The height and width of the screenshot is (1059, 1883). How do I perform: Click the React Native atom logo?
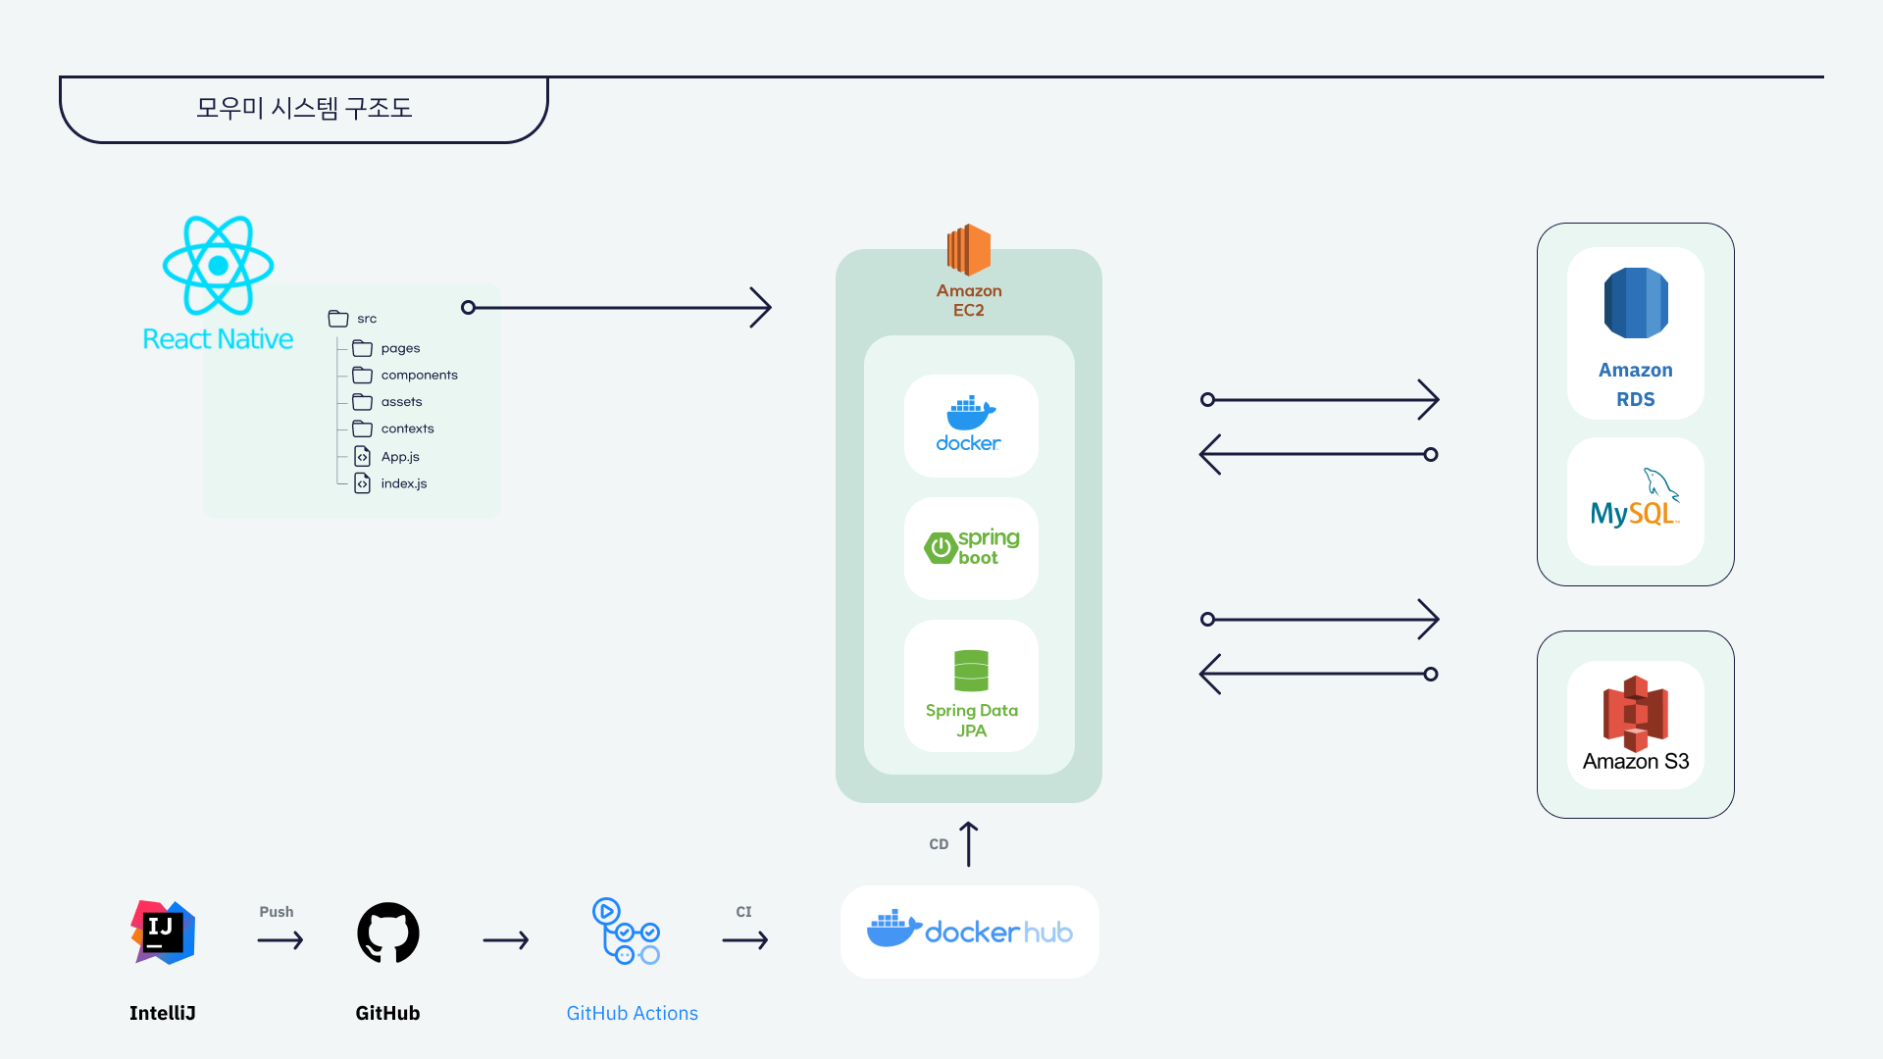pos(218,265)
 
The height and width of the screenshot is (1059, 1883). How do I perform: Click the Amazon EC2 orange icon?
pos(968,250)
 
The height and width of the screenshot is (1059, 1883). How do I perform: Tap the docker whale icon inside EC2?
pos(970,413)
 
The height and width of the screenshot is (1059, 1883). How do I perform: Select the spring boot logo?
pos(971,547)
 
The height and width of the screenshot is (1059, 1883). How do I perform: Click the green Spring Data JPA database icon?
pos(971,671)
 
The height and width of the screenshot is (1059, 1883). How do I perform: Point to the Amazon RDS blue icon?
pos(1635,303)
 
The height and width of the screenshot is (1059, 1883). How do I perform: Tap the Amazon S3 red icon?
pos(1635,713)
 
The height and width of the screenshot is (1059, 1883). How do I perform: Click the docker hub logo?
pos(969,931)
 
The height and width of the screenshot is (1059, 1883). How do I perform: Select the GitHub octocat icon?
pos(387,933)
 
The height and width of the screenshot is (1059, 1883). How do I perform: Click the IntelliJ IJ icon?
pos(163,932)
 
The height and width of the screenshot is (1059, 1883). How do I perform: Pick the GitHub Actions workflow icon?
pos(626,932)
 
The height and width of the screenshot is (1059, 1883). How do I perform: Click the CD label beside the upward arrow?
pos(939,844)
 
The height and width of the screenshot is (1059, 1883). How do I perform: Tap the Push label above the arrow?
pos(276,912)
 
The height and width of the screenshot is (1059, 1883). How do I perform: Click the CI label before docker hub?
pos(743,912)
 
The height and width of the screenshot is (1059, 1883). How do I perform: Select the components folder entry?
pos(418,376)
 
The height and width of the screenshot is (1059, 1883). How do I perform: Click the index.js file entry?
pos(402,483)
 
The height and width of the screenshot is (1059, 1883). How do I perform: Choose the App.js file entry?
pos(399,457)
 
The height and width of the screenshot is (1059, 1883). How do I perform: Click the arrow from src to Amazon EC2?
pos(618,308)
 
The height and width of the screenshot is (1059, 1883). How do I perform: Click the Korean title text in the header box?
pos(304,108)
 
